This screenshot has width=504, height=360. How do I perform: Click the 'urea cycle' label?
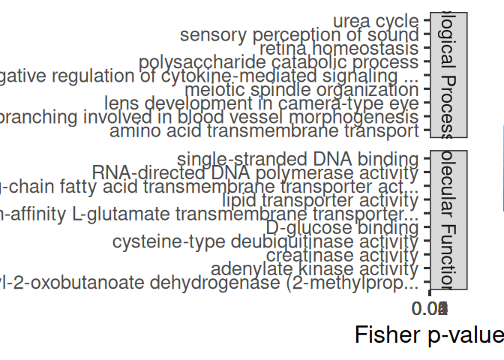[375, 21]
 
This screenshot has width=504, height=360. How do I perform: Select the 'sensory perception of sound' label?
[299, 34]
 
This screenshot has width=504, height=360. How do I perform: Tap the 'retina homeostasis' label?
[338, 49]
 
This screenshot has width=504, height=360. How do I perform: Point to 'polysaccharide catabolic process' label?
[278, 62]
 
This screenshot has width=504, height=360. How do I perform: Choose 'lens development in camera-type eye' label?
[261, 103]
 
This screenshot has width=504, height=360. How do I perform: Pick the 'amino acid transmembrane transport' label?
[264, 131]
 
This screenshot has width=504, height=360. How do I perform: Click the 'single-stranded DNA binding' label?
[298, 159]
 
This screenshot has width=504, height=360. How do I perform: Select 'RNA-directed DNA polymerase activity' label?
[255, 172]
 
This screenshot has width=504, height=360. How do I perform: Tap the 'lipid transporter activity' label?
[320, 200]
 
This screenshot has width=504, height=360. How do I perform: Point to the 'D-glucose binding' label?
[342, 228]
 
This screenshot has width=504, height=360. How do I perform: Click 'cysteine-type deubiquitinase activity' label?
[265, 241]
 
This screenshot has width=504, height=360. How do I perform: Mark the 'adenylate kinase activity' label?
[314, 269]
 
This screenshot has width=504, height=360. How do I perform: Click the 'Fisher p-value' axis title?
[429, 335]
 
